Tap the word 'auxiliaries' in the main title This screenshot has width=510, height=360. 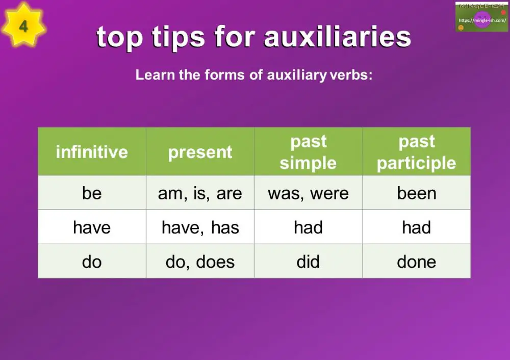pos(338,37)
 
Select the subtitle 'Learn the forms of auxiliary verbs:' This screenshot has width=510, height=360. pos(254,75)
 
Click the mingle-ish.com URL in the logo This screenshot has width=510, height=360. pos(482,20)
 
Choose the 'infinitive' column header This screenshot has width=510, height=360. pos(92,152)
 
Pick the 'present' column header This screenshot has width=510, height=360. pos(200,152)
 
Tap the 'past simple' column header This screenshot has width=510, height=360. pos(308,152)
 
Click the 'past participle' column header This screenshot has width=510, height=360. pos(416,152)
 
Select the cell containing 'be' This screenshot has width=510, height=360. pos(92,193)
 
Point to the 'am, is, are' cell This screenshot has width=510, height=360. pos(200,193)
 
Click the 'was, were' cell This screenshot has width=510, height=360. pos(308,193)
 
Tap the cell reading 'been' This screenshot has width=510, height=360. pos(416,193)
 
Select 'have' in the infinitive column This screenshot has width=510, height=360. pos(92,227)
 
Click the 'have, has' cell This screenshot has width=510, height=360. pos(200,227)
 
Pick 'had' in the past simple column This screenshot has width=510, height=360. pos(308,227)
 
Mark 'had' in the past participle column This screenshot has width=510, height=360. pos(416,227)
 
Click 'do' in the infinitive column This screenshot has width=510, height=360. pos(92,262)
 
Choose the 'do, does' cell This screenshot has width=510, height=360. pos(200,262)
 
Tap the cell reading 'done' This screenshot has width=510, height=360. pos(416,262)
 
